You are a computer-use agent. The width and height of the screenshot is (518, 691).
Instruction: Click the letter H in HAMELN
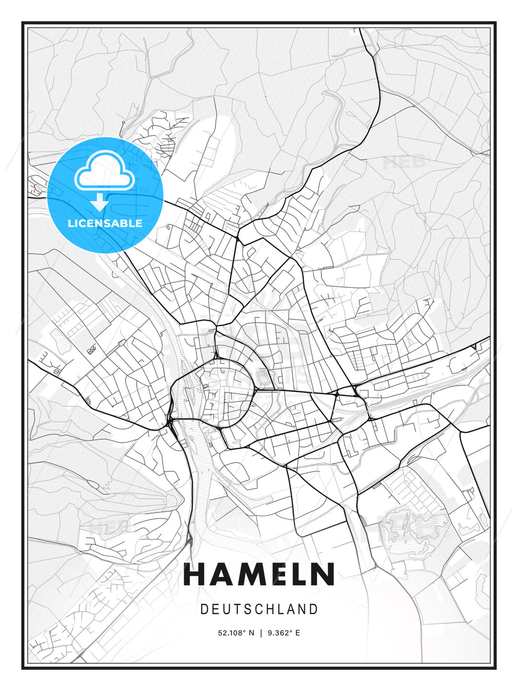point(195,574)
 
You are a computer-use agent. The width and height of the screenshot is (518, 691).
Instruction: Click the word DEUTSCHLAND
point(259,609)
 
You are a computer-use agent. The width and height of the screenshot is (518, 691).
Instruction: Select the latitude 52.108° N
point(236,633)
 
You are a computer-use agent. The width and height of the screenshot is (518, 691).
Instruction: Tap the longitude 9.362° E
point(284,633)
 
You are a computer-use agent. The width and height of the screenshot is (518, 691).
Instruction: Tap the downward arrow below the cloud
point(100,202)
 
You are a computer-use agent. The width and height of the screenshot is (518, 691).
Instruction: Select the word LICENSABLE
point(105,223)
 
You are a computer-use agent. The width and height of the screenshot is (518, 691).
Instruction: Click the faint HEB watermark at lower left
point(103,527)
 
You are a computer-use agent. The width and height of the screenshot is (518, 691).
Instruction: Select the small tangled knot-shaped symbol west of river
point(91,349)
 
